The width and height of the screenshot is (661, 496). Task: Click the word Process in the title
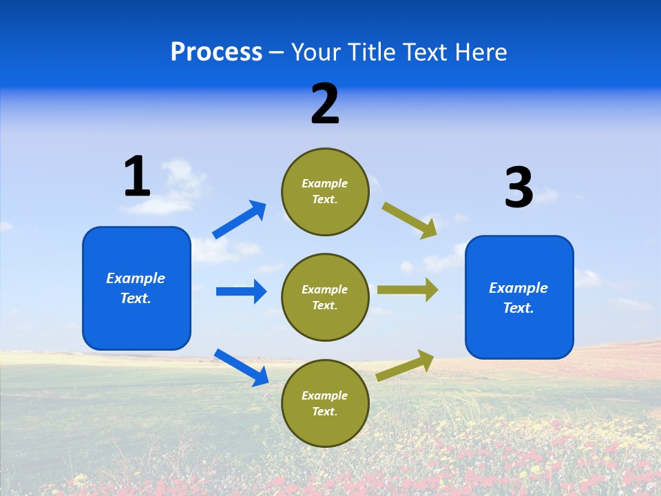click(x=216, y=52)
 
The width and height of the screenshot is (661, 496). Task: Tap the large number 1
click(x=137, y=176)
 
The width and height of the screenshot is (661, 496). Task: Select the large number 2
click(x=325, y=104)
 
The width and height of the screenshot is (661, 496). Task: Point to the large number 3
click(x=518, y=187)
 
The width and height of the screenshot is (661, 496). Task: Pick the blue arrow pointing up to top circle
click(x=240, y=220)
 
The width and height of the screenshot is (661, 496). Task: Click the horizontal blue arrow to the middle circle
click(x=241, y=291)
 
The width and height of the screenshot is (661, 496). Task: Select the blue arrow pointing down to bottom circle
click(x=241, y=367)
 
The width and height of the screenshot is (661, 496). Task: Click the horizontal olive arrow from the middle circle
click(x=408, y=290)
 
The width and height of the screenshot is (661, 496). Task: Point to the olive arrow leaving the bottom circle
click(x=405, y=365)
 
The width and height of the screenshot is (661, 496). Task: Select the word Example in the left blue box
click(x=136, y=278)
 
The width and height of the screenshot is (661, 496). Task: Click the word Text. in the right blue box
click(x=518, y=308)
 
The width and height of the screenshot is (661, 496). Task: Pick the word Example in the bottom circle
click(x=325, y=395)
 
